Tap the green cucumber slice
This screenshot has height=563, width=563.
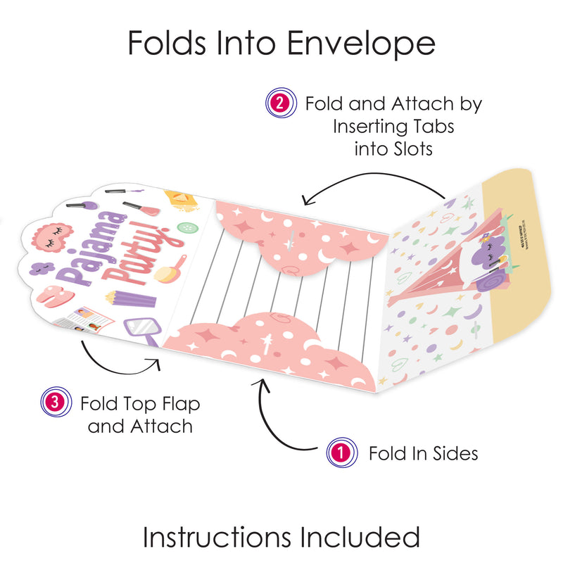(186, 228)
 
